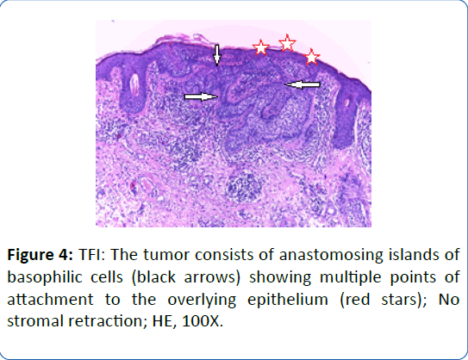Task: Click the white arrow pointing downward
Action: tap(217, 55)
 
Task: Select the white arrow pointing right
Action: tap(201, 97)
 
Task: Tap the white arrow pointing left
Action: tap(303, 85)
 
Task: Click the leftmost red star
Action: tap(261, 47)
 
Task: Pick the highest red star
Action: tap(287, 43)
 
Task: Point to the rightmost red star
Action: tap(312, 57)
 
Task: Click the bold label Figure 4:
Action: tap(40, 255)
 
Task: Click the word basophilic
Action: tap(44, 277)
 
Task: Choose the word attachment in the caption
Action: tap(50, 299)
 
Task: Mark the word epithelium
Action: tap(288, 300)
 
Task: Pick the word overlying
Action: tap(202, 300)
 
